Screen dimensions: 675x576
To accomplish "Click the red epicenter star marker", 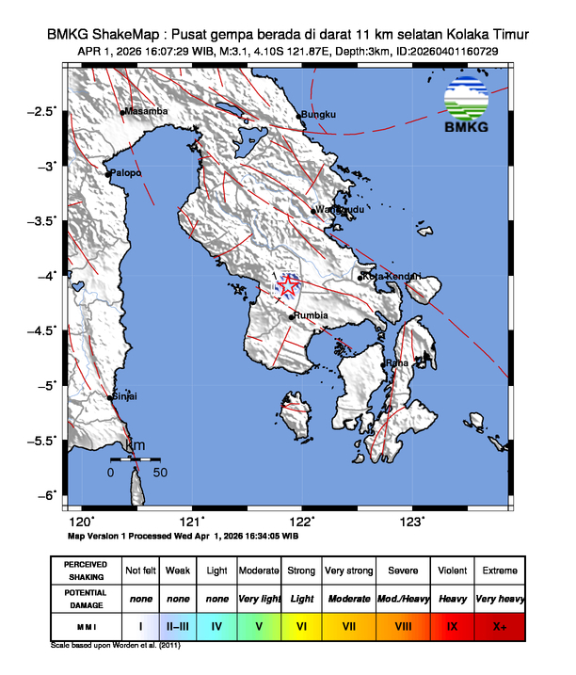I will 288,284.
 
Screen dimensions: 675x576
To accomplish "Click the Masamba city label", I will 146,111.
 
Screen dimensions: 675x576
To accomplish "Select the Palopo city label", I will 125,173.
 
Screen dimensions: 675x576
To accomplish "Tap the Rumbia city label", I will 312,315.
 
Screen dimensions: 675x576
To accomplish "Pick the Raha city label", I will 398,362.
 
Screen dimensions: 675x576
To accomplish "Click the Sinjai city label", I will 125,396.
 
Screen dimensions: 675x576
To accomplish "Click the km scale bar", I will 136,458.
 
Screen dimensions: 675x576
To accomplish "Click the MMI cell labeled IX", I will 452,624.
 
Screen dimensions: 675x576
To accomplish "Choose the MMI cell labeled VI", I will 301,624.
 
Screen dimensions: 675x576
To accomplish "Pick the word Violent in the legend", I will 452,571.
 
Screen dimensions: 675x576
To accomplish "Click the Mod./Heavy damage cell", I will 401,598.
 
